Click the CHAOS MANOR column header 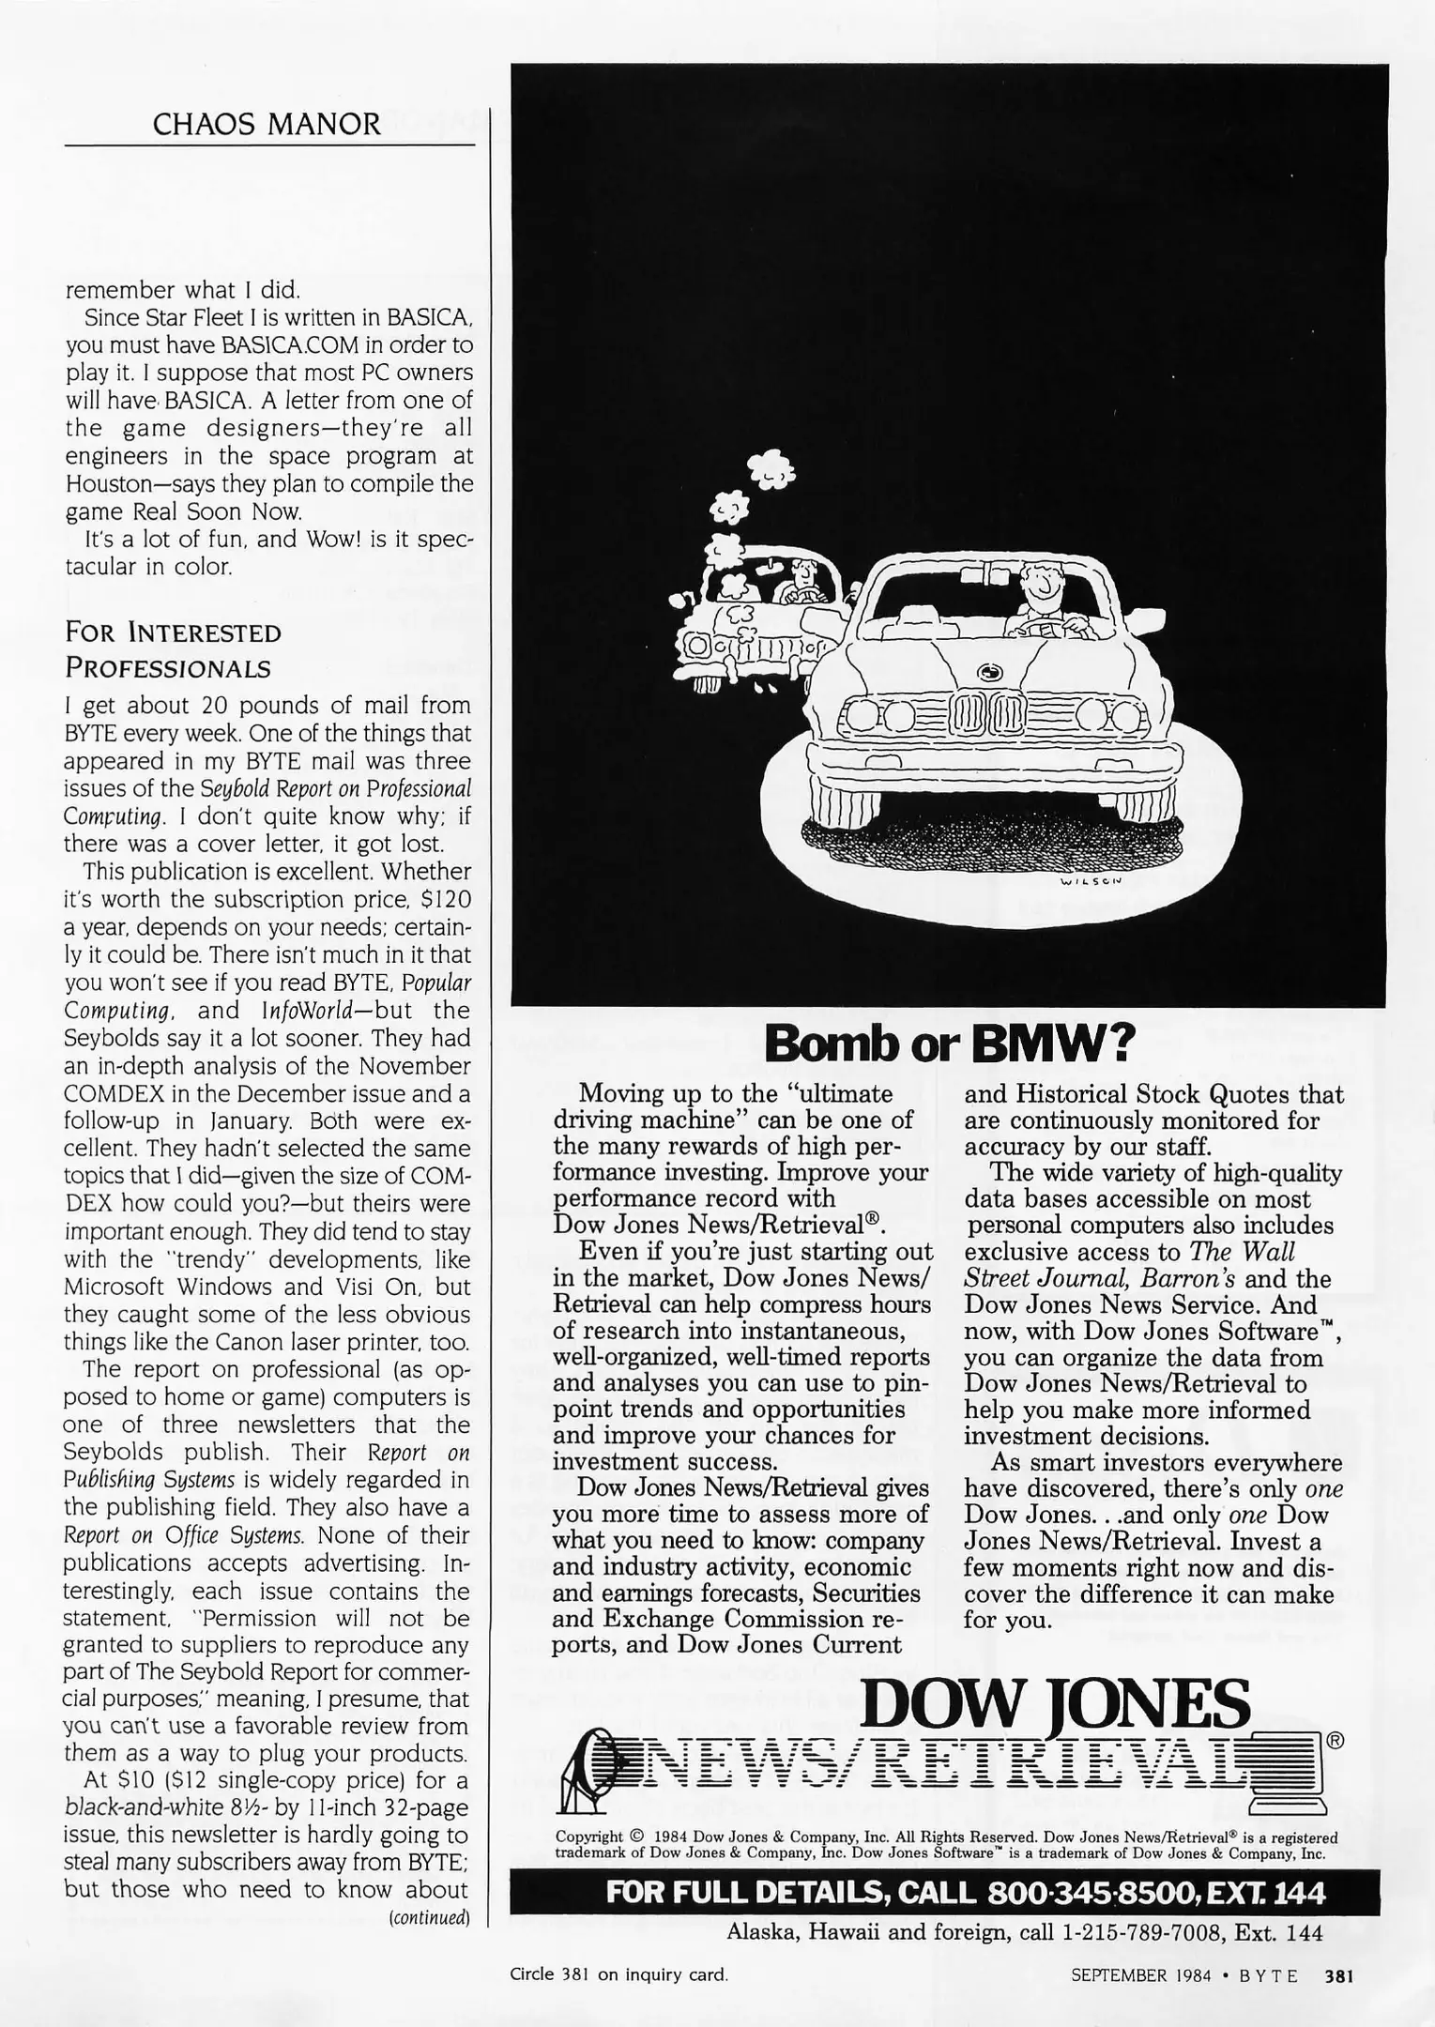pos(267,125)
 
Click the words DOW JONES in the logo pos(1056,1704)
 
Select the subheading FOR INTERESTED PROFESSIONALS pos(173,650)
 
